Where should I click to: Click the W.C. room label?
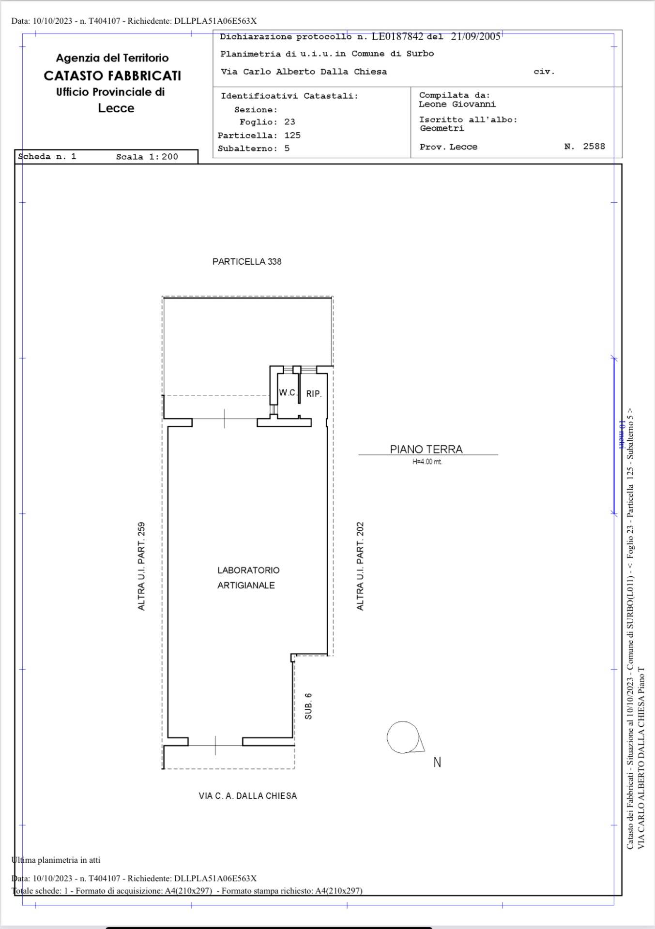click(x=288, y=392)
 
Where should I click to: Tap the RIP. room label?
click(x=314, y=394)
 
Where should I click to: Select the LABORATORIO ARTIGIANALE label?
click(x=248, y=578)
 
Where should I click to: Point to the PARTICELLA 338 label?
click(x=247, y=261)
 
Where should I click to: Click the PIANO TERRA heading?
click(x=427, y=450)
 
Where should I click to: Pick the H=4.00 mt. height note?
click(x=427, y=462)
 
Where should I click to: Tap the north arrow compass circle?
click(x=403, y=737)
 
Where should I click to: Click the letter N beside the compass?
click(x=437, y=763)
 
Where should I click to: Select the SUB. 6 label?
click(x=308, y=706)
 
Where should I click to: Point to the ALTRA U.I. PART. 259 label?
click(x=141, y=566)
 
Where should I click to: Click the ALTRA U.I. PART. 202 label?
click(x=360, y=566)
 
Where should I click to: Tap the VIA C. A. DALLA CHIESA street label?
click(x=248, y=796)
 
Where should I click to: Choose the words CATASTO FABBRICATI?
click(x=112, y=76)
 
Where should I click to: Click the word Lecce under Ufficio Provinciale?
click(x=116, y=108)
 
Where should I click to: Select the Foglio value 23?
click(x=290, y=122)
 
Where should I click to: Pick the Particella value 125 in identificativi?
click(x=292, y=135)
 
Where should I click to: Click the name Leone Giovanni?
click(x=457, y=105)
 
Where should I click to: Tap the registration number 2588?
click(x=594, y=146)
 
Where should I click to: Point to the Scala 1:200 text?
click(x=147, y=157)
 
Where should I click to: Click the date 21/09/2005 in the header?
click(x=476, y=37)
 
